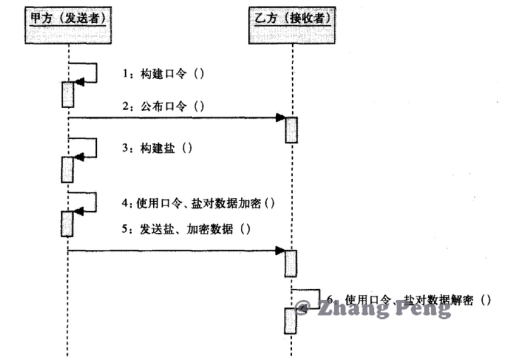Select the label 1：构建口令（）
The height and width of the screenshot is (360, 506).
coord(163,74)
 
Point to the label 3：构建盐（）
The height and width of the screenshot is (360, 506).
coord(157,149)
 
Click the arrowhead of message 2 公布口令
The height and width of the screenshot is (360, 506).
coord(280,118)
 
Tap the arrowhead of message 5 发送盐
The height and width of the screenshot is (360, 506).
coord(280,251)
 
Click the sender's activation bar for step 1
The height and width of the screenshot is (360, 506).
coord(68,95)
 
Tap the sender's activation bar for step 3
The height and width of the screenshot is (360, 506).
coord(67,170)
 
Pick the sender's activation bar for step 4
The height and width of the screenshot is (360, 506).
coord(67,223)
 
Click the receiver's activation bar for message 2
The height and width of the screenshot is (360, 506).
coord(292,130)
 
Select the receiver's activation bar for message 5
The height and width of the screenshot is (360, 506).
coord(292,263)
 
